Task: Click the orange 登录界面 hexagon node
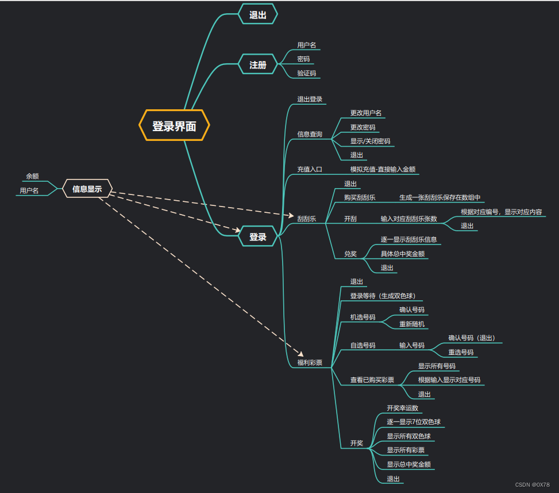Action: point(174,125)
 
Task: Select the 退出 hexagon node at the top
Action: point(258,15)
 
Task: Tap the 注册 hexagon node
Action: point(258,65)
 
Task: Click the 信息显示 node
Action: point(87,189)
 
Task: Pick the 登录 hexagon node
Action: point(258,236)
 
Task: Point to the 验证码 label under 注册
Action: point(306,74)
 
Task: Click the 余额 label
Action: point(32,176)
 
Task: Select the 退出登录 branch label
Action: point(310,100)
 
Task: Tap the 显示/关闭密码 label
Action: point(370,141)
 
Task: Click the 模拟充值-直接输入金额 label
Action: point(383,170)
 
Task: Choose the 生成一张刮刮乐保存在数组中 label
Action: point(440,197)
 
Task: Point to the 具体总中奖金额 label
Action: point(403,254)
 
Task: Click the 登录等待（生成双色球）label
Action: point(383,296)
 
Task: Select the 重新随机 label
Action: point(412,324)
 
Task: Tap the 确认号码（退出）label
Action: point(472,338)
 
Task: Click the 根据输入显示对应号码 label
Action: point(449,380)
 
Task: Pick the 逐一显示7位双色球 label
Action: point(414,422)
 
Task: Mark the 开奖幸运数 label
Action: point(402,408)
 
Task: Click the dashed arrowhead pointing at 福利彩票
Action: point(300,353)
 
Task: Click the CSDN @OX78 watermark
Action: point(532,485)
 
